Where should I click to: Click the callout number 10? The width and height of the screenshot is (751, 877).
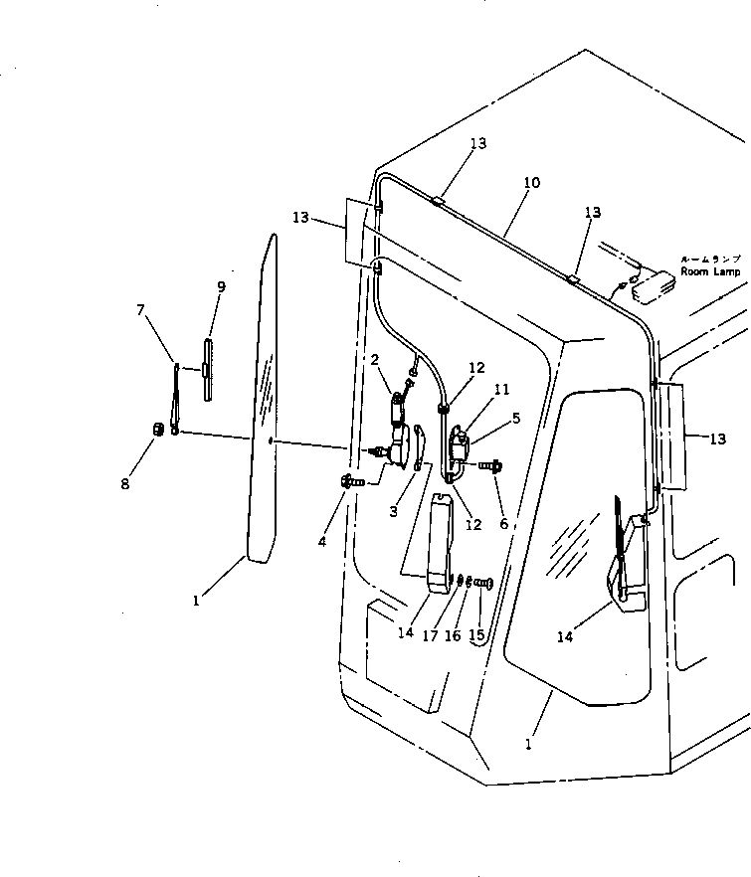[531, 183]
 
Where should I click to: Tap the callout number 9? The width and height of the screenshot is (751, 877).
[221, 287]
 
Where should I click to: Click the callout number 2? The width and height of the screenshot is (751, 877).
[375, 359]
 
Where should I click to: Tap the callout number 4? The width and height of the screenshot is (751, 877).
[321, 542]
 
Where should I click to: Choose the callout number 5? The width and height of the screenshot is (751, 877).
[515, 419]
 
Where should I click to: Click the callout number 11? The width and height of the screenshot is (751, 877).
[500, 390]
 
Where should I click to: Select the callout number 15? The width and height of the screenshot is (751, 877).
[475, 635]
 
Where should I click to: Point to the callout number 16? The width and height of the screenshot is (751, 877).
[453, 635]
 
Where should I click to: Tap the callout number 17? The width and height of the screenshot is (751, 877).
[431, 635]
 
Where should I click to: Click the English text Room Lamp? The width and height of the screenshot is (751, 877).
[711, 271]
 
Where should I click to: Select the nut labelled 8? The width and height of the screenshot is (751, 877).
[156, 429]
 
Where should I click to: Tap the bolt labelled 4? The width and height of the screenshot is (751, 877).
[351, 481]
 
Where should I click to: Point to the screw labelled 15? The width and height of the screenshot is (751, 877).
[484, 582]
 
